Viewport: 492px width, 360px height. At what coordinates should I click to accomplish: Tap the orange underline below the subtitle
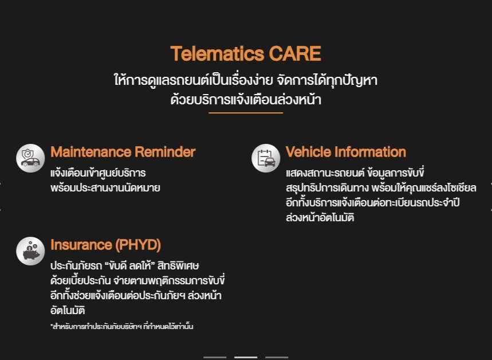(x=246, y=112)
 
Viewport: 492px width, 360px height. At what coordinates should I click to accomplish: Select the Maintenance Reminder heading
(x=123, y=152)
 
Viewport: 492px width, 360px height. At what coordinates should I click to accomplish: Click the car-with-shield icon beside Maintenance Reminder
(x=30, y=158)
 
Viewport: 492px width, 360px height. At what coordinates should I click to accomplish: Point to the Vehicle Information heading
(x=346, y=152)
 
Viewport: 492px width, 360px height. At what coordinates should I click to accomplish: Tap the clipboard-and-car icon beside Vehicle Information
(x=266, y=158)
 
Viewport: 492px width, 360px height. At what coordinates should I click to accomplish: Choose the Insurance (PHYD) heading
(x=106, y=245)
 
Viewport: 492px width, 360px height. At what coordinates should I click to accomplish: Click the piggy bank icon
(x=30, y=251)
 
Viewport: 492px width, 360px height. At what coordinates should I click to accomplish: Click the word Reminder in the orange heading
(x=165, y=152)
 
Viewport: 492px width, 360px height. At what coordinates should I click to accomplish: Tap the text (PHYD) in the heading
(x=138, y=245)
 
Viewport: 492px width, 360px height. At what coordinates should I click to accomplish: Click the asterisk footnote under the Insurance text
(x=122, y=326)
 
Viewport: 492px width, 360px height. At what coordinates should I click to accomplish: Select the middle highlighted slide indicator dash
(x=246, y=358)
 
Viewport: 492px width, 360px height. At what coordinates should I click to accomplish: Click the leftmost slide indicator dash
(x=215, y=358)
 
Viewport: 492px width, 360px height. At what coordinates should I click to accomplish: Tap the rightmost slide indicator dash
(x=277, y=358)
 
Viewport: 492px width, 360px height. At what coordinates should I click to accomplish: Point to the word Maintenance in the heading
(x=91, y=152)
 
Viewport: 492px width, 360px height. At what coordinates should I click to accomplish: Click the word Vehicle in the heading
(x=309, y=152)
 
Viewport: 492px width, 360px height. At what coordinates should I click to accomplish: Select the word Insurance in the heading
(x=81, y=245)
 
